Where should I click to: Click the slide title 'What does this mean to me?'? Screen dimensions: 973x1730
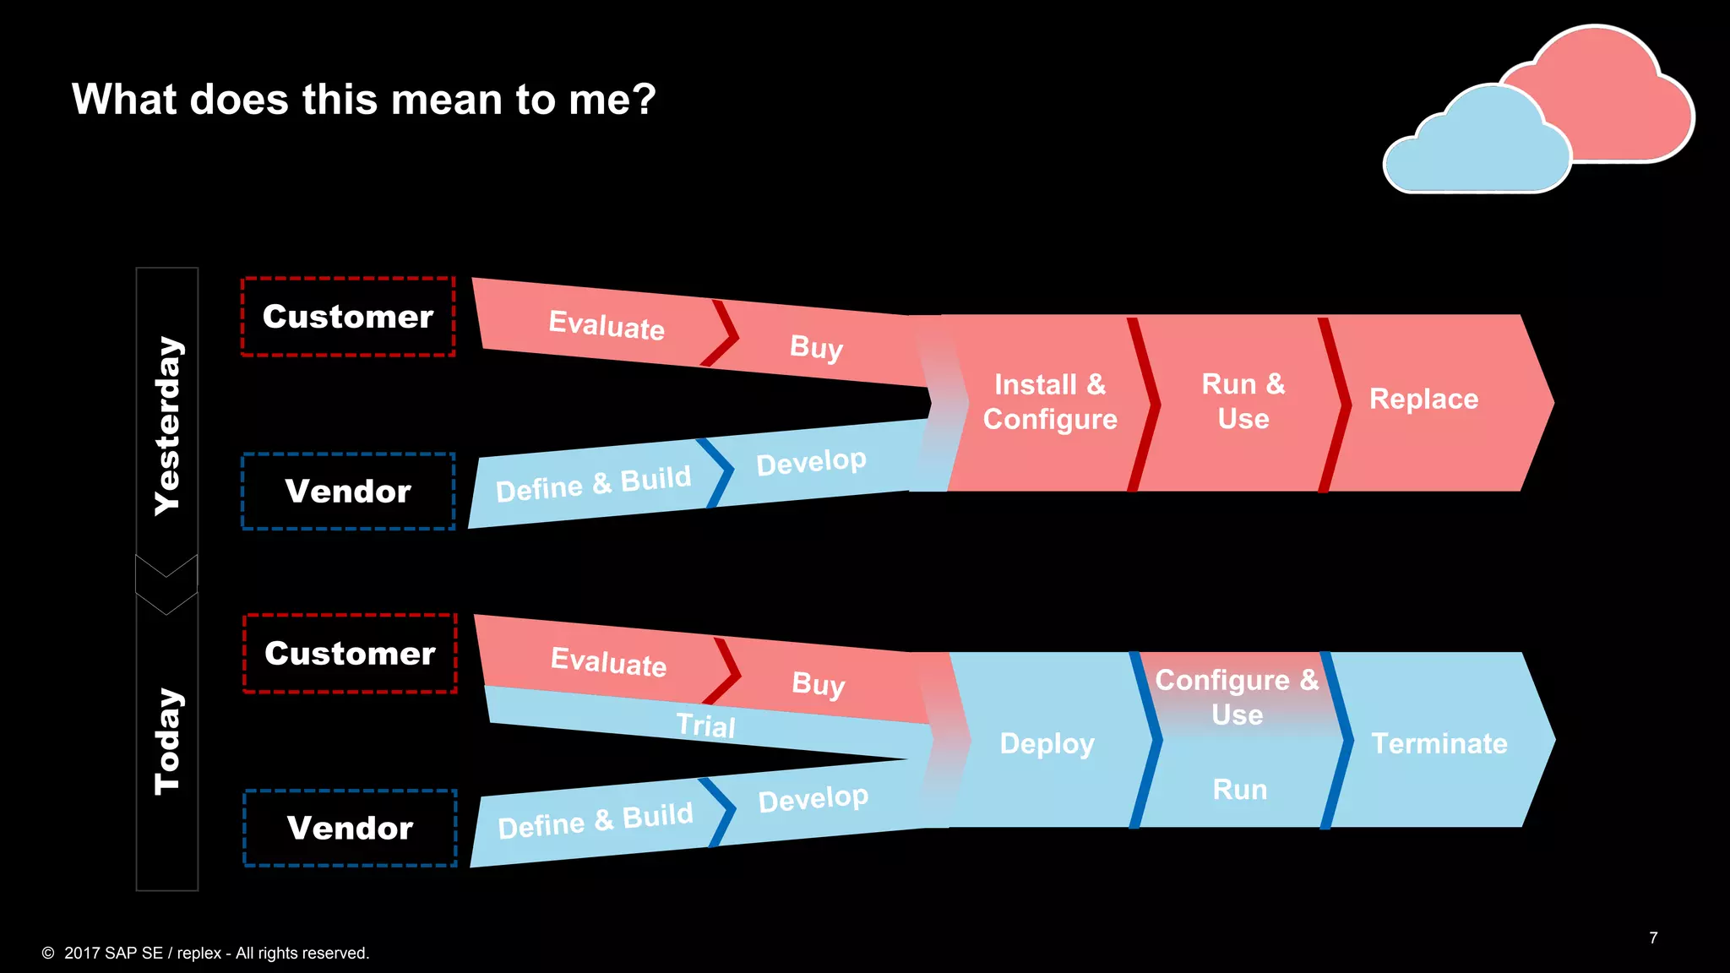click(363, 100)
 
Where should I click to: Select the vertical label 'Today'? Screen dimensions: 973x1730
click(167, 741)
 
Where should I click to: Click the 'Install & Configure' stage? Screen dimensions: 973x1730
click(1049, 402)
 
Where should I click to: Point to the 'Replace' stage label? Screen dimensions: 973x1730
click(1423, 399)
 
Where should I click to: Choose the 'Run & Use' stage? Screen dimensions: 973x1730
click(1243, 401)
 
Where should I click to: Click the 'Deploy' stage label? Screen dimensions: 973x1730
click(1047, 743)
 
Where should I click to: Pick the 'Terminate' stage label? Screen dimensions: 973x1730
click(1439, 743)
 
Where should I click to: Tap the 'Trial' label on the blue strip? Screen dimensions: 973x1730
click(705, 726)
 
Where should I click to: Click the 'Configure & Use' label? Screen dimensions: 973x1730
click(1237, 697)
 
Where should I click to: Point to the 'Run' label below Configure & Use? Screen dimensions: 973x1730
click(1239, 790)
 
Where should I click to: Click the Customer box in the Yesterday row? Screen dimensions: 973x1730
click(348, 317)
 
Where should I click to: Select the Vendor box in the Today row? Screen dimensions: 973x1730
click(350, 828)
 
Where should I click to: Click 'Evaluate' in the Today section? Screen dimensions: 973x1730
click(608, 661)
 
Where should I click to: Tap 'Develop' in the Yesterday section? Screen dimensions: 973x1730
click(811, 461)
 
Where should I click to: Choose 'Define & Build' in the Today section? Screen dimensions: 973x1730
click(596, 820)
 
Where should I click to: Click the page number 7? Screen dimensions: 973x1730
click(1653, 938)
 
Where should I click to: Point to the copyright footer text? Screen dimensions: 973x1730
click(206, 953)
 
